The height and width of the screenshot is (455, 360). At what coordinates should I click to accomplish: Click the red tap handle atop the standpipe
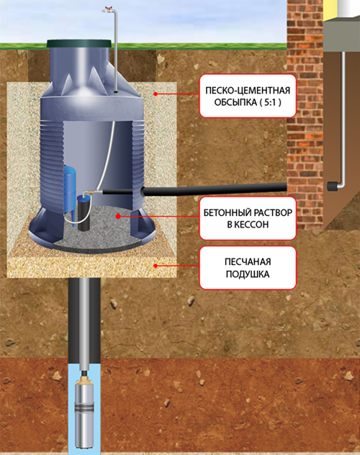click(109, 7)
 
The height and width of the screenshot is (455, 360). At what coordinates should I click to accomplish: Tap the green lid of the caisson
click(78, 44)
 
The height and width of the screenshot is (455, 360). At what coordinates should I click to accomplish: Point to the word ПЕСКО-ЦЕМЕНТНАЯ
click(248, 91)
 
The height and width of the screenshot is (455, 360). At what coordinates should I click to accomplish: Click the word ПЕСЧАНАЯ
click(248, 262)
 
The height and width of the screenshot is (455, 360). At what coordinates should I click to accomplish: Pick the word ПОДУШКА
click(248, 274)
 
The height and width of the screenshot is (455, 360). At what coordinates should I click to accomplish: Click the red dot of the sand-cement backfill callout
click(156, 94)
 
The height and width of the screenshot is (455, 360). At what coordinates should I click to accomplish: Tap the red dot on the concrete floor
click(118, 216)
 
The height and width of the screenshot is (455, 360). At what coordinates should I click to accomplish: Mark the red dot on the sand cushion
click(156, 266)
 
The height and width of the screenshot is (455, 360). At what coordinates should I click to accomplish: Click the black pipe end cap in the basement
click(333, 186)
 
